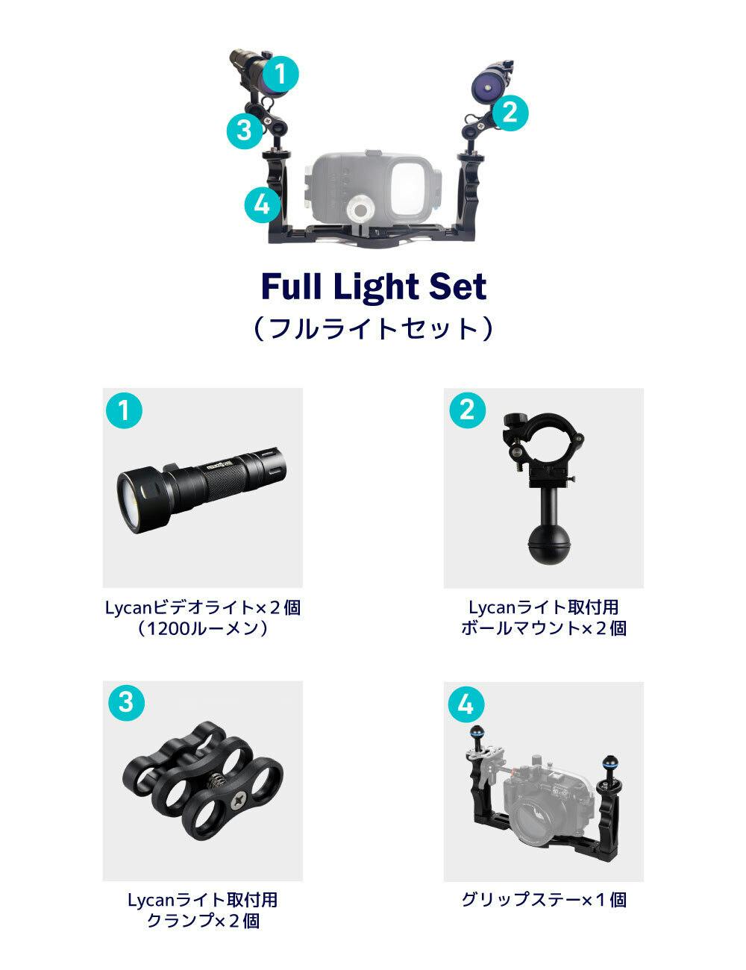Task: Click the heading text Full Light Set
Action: [x=374, y=287]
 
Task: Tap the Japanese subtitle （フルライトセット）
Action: [x=373, y=328]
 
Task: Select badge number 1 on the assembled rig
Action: [x=280, y=74]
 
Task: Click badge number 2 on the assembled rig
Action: [x=510, y=113]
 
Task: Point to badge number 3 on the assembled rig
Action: [x=245, y=131]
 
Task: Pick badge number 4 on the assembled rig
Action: [x=263, y=205]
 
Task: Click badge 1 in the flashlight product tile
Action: [x=124, y=410]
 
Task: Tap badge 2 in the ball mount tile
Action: [x=467, y=410]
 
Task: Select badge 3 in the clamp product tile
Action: [x=127, y=703]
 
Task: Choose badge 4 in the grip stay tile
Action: [x=466, y=705]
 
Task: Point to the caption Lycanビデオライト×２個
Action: [x=203, y=607]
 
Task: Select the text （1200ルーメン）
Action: [x=203, y=628]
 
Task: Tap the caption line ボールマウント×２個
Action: [x=544, y=628]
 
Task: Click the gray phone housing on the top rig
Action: [x=374, y=187]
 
